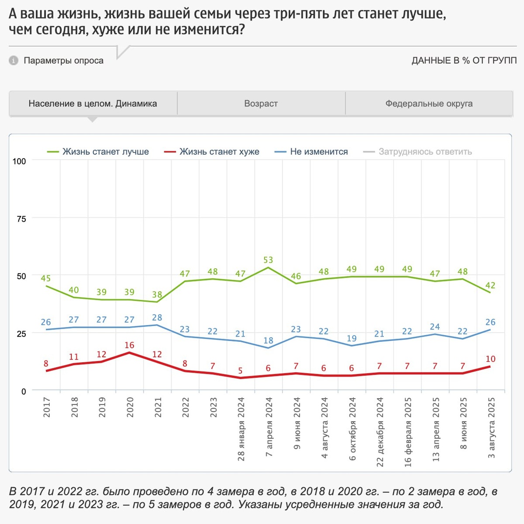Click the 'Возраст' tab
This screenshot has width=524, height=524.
(261, 104)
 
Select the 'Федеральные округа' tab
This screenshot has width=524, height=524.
(429, 104)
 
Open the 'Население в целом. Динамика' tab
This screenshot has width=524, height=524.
(93, 104)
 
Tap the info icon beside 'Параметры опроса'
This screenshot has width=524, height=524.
(14, 60)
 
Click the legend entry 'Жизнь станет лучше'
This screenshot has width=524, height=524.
(105, 152)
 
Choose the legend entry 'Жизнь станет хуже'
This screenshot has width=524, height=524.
(219, 152)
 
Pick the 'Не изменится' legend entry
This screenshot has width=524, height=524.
(319, 152)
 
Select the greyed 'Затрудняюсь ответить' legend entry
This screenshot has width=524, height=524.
(425, 152)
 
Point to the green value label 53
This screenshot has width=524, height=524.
(268, 260)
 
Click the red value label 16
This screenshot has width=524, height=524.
(129, 345)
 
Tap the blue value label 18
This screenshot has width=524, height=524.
(268, 340)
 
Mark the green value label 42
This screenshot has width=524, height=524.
(490, 285)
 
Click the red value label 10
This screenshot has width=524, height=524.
(490, 359)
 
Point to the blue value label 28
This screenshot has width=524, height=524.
(157, 318)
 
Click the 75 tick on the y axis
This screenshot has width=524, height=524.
(21, 219)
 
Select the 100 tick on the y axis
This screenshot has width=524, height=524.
(19, 161)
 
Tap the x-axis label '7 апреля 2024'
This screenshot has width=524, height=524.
(269, 427)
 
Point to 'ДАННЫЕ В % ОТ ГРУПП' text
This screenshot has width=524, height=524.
(464, 60)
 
